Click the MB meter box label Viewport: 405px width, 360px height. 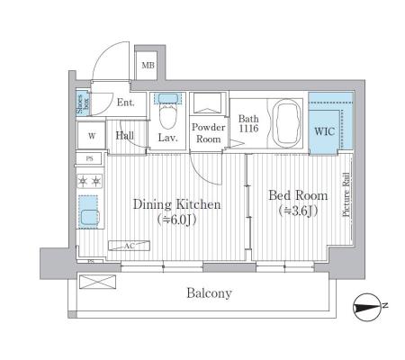(148, 65)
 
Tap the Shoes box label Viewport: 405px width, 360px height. (83, 103)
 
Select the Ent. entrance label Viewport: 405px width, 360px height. (126, 103)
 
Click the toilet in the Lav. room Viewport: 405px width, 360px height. (167, 116)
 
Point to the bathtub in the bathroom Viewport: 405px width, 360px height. (288, 123)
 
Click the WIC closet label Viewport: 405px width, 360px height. (324, 131)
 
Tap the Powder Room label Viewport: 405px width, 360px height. (209, 133)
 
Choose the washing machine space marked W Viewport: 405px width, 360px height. (92, 136)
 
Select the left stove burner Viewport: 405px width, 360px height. (83, 181)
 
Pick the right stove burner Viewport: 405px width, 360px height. (96, 181)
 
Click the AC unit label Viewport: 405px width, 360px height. (130, 246)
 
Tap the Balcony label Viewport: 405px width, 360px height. (209, 292)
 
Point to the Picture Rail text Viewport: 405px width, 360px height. (346, 194)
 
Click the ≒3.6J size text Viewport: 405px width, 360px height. (298, 211)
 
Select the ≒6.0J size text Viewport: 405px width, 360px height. (177, 220)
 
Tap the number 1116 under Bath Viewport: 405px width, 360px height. (248, 129)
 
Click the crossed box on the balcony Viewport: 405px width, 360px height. (98, 282)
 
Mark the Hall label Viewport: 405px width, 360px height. (125, 136)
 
